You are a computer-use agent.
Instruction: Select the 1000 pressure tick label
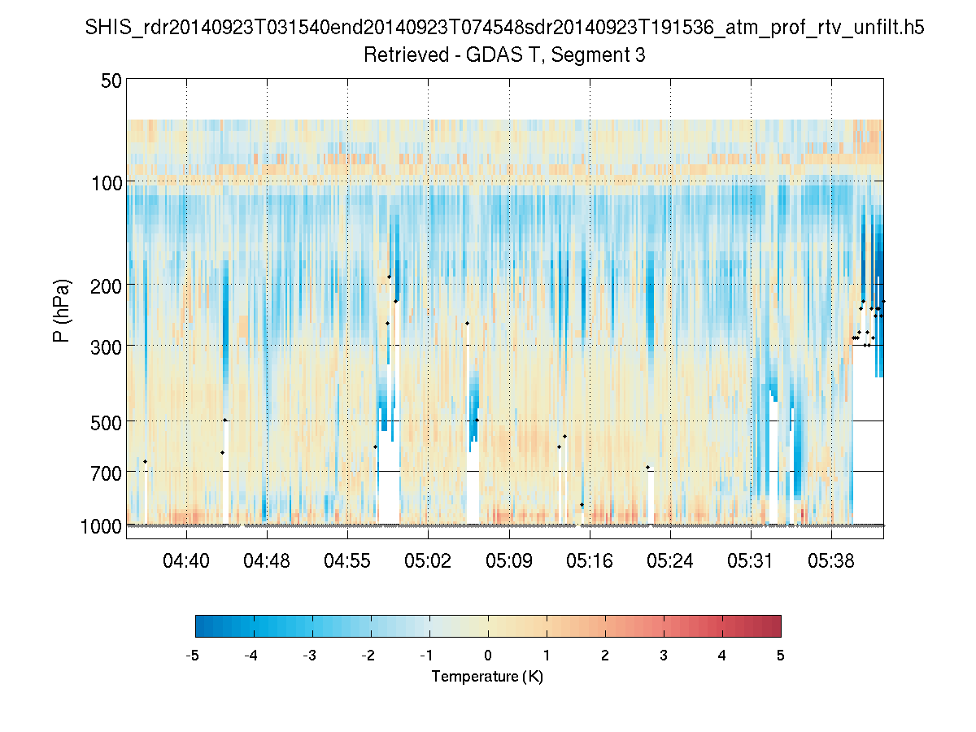click(101, 526)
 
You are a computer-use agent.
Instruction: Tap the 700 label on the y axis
click(107, 472)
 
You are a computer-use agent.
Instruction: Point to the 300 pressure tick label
click(107, 346)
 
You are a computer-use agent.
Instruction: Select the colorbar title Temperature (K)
click(487, 677)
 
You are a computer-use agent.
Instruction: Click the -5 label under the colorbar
click(193, 656)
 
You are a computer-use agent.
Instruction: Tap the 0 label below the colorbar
click(488, 656)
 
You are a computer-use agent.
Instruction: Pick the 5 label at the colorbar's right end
click(781, 656)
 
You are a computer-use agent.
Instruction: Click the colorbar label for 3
click(664, 656)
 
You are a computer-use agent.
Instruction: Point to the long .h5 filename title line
click(505, 28)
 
